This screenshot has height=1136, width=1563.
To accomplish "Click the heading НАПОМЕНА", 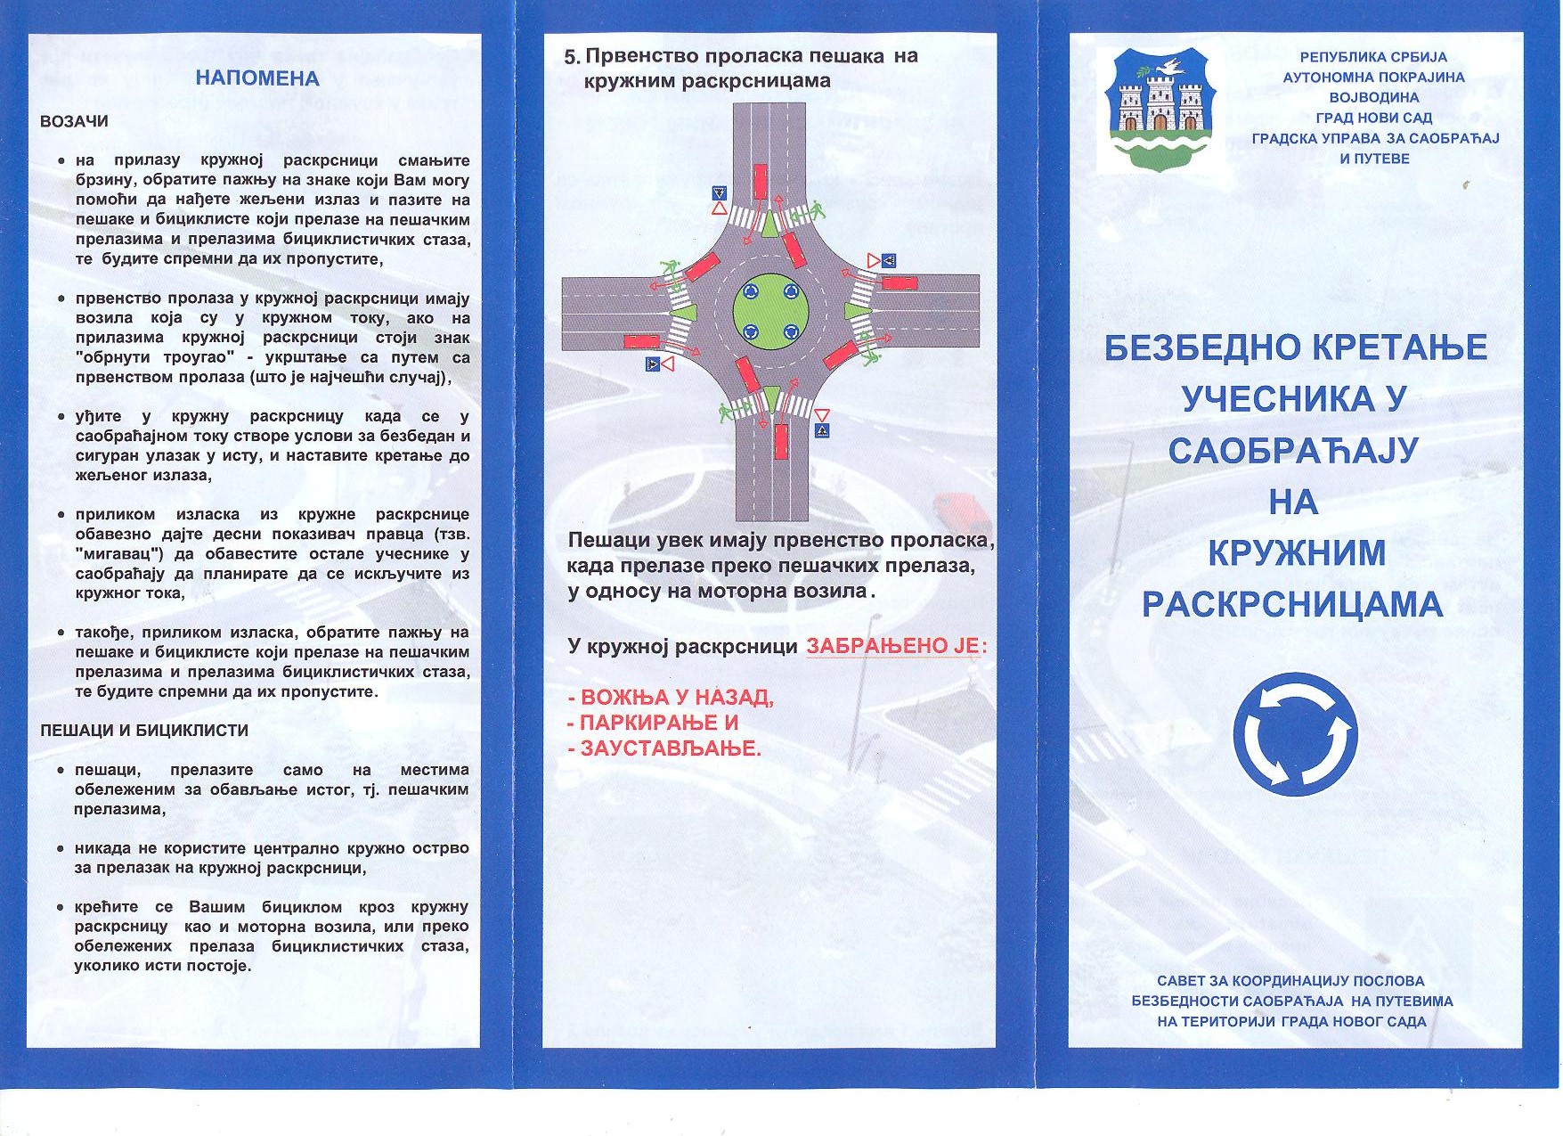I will [x=256, y=78].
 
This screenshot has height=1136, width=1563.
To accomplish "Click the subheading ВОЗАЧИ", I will [x=74, y=121].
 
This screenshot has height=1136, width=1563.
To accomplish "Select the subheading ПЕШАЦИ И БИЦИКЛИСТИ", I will [x=144, y=731].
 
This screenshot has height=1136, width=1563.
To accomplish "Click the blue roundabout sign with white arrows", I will [x=1295, y=734].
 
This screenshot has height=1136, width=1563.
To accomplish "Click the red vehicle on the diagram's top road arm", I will [x=760, y=181].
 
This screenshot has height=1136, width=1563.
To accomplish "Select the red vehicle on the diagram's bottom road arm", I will [x=781, y=441].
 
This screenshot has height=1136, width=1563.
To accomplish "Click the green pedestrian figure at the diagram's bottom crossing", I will [x=727, y=413].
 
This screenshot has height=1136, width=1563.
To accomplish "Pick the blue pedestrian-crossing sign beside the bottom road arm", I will [x=821, y=431].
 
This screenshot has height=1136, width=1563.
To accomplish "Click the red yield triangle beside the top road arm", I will [x=719, y=208].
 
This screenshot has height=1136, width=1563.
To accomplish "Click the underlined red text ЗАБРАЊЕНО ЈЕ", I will [x=892, y=646].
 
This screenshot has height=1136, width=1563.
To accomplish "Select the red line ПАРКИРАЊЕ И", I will [x=653, y=723].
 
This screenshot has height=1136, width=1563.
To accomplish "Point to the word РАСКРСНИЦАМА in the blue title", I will [x=1292, y=605].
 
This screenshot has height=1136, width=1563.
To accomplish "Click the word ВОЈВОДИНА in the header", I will [x=1373, y=97].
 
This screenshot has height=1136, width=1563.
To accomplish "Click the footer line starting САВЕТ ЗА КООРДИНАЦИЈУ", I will [x=1290, y=981].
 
